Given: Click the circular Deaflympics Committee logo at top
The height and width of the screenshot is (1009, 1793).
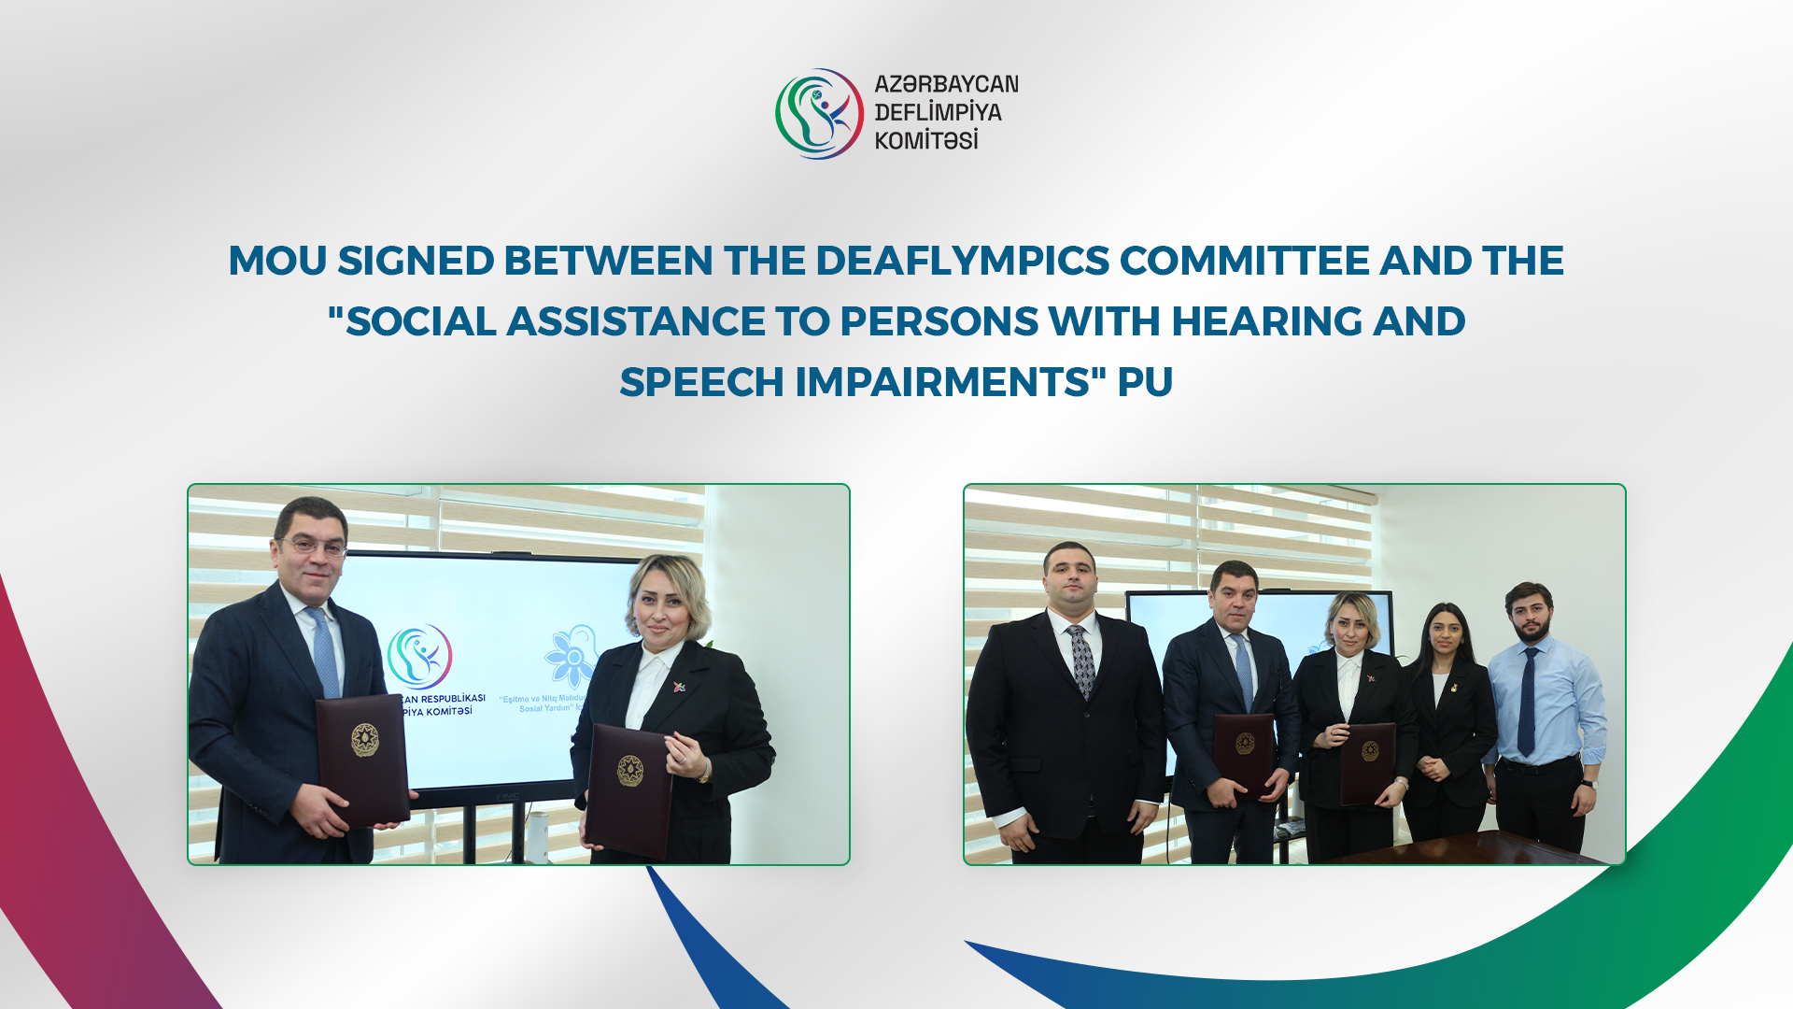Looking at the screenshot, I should coord(819,113).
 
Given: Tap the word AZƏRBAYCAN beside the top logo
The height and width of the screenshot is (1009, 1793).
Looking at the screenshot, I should coord(946,84).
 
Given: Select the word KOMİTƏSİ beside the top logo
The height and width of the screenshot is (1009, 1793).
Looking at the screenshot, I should coord(925,141).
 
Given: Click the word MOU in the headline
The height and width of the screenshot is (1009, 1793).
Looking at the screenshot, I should coord(276,261).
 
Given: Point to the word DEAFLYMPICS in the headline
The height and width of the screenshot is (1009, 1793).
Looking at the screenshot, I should coord(962,261).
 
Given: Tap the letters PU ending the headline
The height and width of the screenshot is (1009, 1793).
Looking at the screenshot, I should coord(1145,382).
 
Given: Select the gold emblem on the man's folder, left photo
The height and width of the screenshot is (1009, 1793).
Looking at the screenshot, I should coord(364,740).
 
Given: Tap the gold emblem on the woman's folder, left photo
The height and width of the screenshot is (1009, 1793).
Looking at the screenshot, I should coord(629,771).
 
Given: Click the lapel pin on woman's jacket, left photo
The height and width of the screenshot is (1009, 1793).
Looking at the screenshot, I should coord(678,688).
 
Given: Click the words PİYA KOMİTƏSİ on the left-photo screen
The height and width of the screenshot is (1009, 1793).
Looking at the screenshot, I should coord(437,712).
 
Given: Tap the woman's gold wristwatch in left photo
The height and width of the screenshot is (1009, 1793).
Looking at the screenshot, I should coord(704,774).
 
